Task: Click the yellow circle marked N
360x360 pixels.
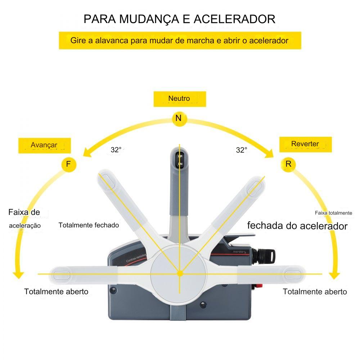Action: [x=179, y=118]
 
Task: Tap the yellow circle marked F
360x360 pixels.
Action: [x=68, y=165]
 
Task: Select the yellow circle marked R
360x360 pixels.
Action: [x=288, y=164]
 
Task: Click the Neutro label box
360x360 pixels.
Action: [x=180, y=99]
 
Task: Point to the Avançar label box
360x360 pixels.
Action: [x=45, y=145]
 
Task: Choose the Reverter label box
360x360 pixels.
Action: [x=306, y=144]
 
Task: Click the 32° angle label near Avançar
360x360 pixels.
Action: [x=116, y=150]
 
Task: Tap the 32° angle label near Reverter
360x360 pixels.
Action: [x=242, y=150]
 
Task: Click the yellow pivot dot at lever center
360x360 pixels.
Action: [x=180, y=274]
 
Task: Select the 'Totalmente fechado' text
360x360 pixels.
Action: [x=89, y=225]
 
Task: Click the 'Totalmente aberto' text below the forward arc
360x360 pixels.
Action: [x=56, y=292]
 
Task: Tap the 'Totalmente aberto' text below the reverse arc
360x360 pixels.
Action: [x=315, y=292]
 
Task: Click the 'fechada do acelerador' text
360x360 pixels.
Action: [x=297, y=226]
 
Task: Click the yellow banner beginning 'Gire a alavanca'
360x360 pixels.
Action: [x=180, y=41]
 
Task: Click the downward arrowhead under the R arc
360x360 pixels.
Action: [x=335, y=275]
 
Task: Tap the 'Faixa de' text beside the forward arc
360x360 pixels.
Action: [x=24, y=212]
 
